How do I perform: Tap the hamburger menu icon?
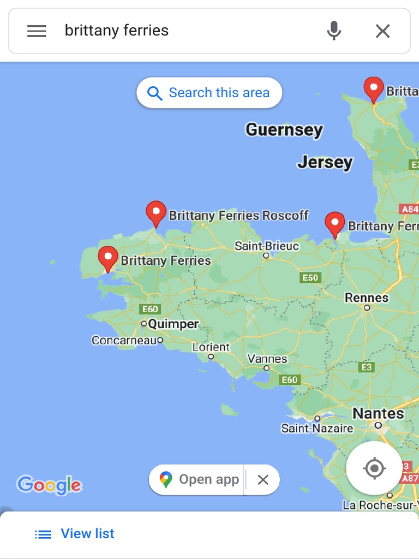click(37, 31)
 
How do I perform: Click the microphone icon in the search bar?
click(334, 31)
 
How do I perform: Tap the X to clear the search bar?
click(383, 31)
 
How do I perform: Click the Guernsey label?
click(284, 130)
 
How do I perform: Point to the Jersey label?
click(325, 162)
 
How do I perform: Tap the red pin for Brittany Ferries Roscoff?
click(156, 213)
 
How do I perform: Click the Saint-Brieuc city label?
click(267, 246)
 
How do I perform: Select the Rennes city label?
click(367, 298)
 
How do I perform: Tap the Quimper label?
click(173, 324)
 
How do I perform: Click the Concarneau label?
click(124, 340)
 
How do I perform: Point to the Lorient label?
click(211, 347)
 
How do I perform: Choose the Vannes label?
click(267, 359)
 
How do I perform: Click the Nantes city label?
click(378, 414)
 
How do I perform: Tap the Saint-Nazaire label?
click(317, 429)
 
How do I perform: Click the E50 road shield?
click(310, 278)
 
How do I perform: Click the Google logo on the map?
click(49, 485)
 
